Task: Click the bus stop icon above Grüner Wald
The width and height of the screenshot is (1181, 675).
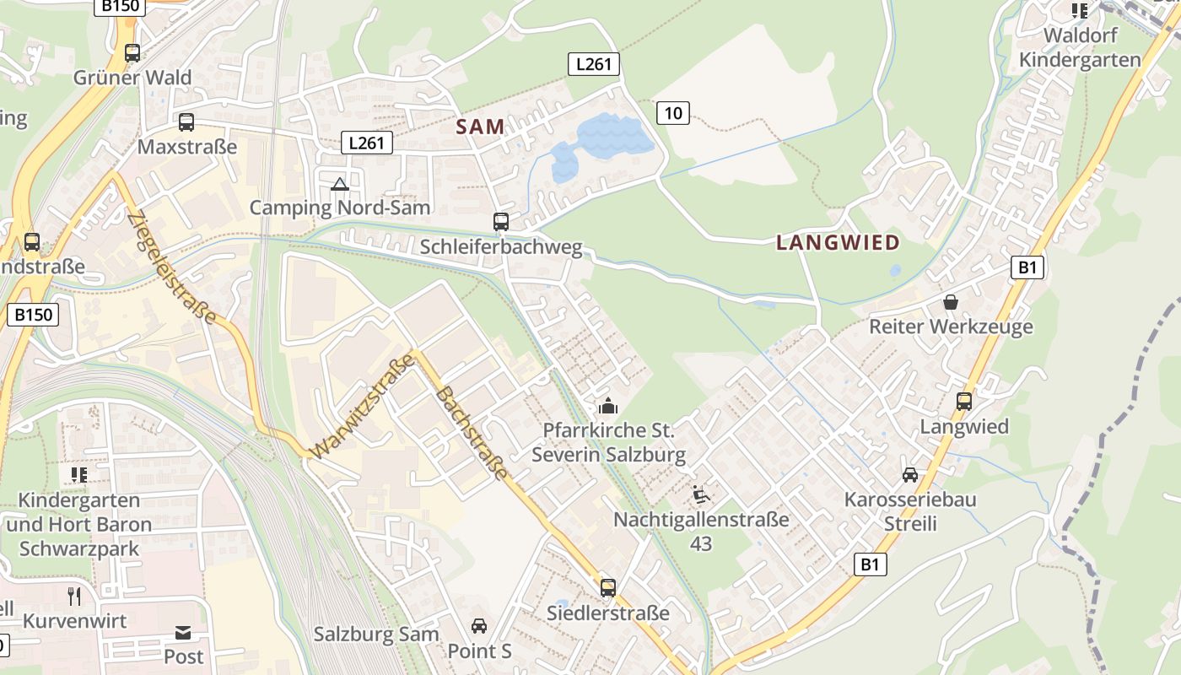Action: point(132,53)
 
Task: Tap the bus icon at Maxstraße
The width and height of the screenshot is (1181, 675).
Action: point(186,122)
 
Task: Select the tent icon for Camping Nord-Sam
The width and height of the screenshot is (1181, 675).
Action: point(339,184)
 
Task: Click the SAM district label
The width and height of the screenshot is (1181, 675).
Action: point(480,127)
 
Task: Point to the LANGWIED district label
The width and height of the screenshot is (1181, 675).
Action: point(838,243)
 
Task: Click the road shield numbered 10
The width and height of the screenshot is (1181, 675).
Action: point(672,112)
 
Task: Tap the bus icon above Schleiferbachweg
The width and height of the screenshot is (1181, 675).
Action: point(501,222)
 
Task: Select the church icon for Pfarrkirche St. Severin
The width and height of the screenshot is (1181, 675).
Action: point(607,406)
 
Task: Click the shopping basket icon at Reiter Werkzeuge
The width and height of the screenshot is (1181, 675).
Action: point(951,301)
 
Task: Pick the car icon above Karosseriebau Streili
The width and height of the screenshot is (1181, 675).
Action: point(910,475)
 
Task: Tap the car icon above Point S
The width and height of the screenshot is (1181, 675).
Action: point(479,626)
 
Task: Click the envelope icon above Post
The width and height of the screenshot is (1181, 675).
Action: point(183,633)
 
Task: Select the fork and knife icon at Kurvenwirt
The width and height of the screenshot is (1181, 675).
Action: point(74,597)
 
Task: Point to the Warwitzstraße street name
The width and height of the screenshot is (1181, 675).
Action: point(363,407)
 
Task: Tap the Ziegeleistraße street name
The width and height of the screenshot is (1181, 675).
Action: point(172,267)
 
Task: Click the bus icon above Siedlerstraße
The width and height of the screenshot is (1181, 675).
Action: point(608,588)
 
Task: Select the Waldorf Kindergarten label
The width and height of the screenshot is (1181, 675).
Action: point(1080,48)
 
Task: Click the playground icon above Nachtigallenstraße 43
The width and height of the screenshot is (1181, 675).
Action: point(700,494)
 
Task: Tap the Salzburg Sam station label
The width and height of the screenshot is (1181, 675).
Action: point(376,634)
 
